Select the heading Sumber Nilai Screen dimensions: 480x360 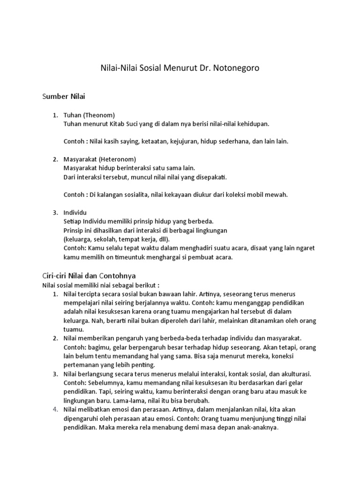pyautogui.click(x=64, y=97)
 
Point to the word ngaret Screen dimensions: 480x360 pyautogui.click(x=300, y=248)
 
